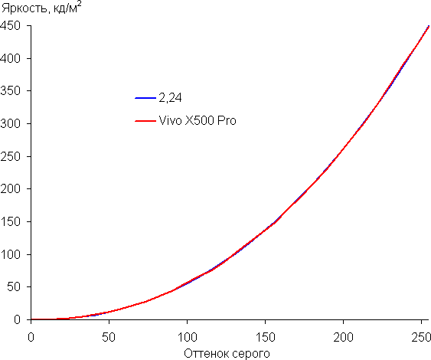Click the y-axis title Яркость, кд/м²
pyautogui.click(x=41, y=8)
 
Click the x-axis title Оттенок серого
pyautogui.click(x=227, y=354)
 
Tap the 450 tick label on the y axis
pyautogui.click(x=10, y=26)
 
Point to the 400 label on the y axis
pyautogui.click(x=10, y=58)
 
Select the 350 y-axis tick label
pyautogui.click(x=10, y=91)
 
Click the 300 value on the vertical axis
pyautogui.click(x=10, y=124)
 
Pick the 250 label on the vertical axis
pyautogui.click(x=10, y=156)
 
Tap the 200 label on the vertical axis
pyautogui.click(x=10, y=189)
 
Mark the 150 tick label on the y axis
pyautogui.click(x=10, y=221)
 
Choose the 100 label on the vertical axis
pyautogui.click(x=10, y=254)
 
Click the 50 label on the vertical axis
pyautogui.click(x=14, y=286)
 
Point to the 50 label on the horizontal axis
pyautogui.click(x=109, y=337)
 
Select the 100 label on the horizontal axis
pyautogui.click(x=187, y=337)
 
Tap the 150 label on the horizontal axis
pyautogui.click(x=265, y=337)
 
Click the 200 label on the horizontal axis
pyautogui.click(x=343, y=337)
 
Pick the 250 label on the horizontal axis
pyautogui.click(x=421, y=337)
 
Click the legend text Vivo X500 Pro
pyautogui.click(x=198, y=121)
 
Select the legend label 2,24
pyautogui.click(x=170, y=98)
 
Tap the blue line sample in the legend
pyautogui.click(x=145, y=98)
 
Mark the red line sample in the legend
pyautogui.click(x=145, y=121)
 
